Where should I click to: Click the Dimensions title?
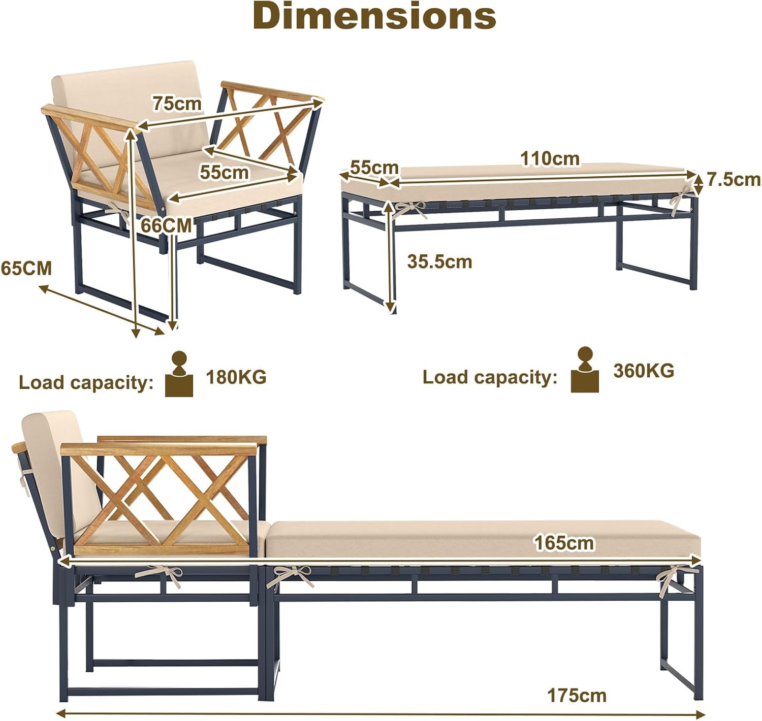(374, 16)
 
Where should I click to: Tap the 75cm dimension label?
(177, 104)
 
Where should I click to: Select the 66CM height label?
(166, 225)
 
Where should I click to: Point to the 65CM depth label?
(26, 269)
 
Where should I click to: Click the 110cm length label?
(550, 159)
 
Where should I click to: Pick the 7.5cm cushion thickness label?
(734, 180)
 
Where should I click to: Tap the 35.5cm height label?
(439, 262)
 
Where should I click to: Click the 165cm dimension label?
(564, 543)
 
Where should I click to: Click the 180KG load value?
(236, 377)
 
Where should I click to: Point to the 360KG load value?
(644, 371)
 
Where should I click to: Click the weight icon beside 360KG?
(585, 370)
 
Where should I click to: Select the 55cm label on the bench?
(374, 168)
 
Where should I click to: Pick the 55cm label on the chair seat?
(224, 172)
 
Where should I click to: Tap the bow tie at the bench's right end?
(680, 199)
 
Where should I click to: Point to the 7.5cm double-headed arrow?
(698, 185)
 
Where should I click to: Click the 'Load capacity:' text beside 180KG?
(86, 383)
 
